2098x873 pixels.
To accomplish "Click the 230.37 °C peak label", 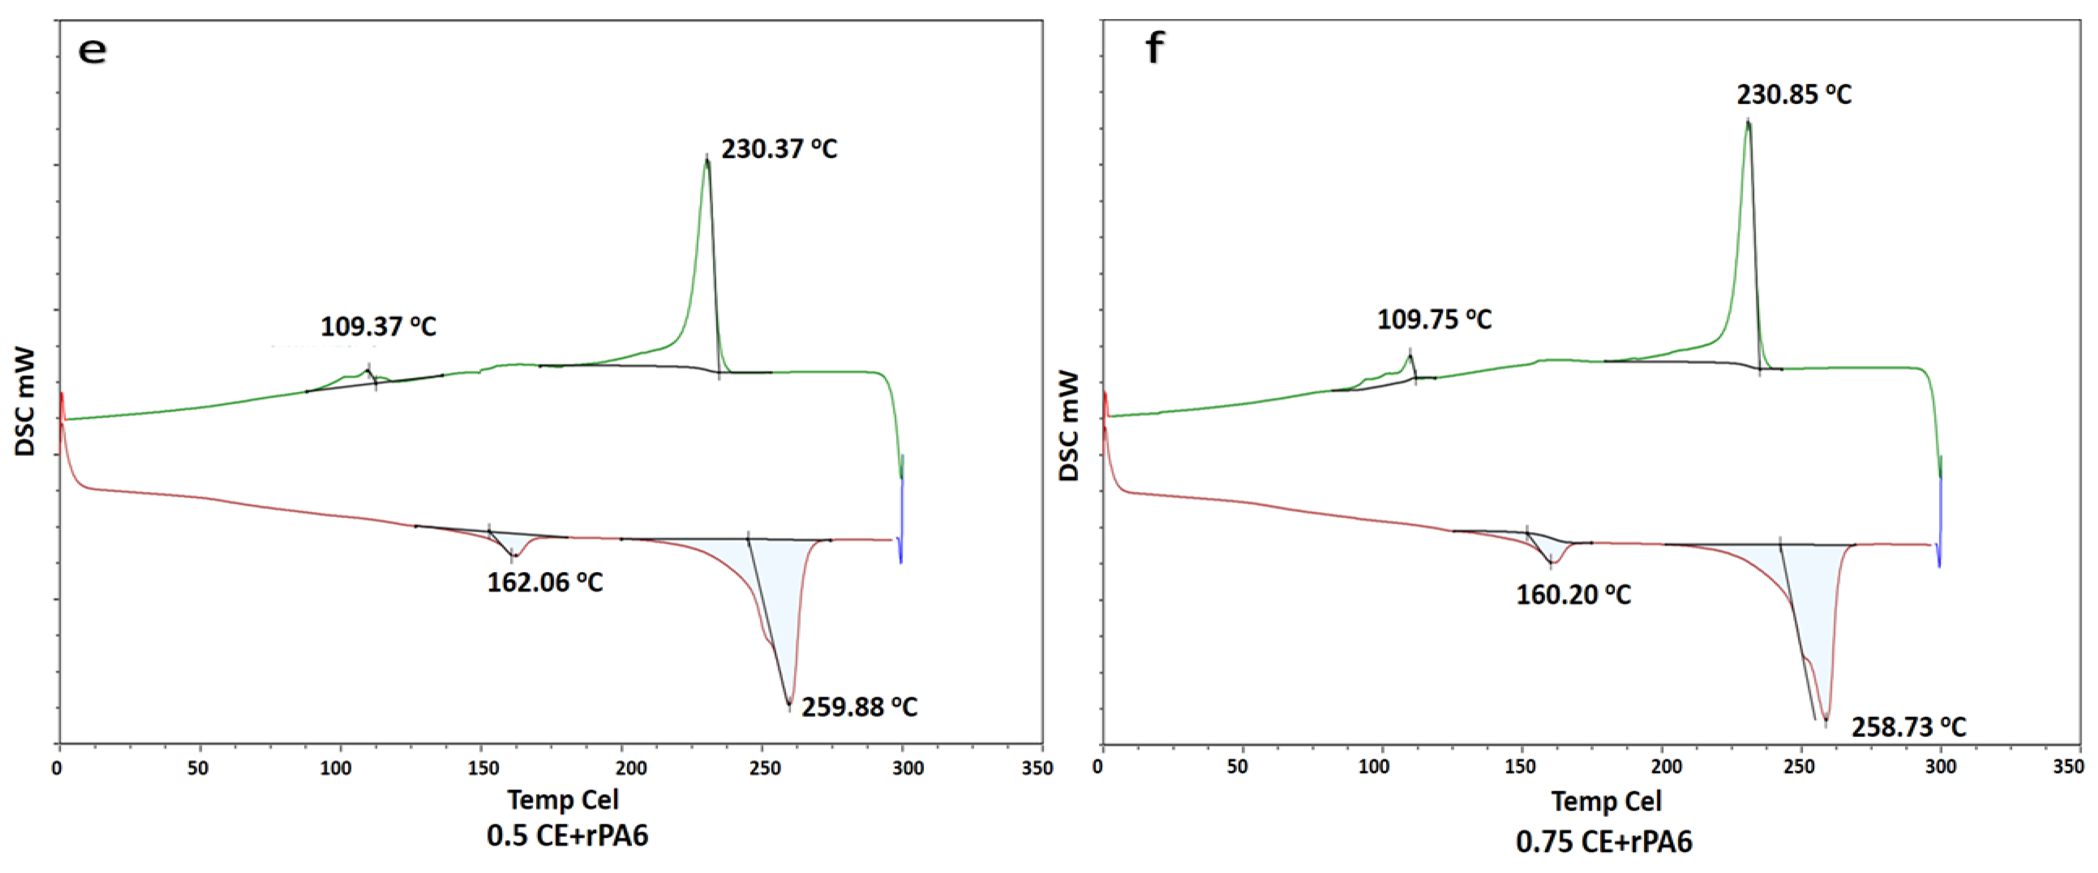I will (x=779, y=149).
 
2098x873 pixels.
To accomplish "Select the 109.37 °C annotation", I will (x=378, y=327).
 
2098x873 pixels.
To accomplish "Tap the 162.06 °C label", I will (x=545, y=582).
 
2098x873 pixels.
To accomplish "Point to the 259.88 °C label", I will (x=859, y=707).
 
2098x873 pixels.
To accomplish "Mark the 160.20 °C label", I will (x=1573, y=595).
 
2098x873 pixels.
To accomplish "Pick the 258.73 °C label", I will (x=1908, y=726).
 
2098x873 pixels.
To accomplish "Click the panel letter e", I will (x=92, y=51).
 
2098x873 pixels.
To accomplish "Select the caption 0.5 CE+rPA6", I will (x=567, y=835).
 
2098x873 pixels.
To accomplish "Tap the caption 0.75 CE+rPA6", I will (x=1604, y=841).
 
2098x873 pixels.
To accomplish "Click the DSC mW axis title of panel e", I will (x=24, y=401).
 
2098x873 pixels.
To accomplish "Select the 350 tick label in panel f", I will (x=2068, y=766).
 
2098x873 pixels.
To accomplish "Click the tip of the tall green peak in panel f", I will (x=1747, y=122).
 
